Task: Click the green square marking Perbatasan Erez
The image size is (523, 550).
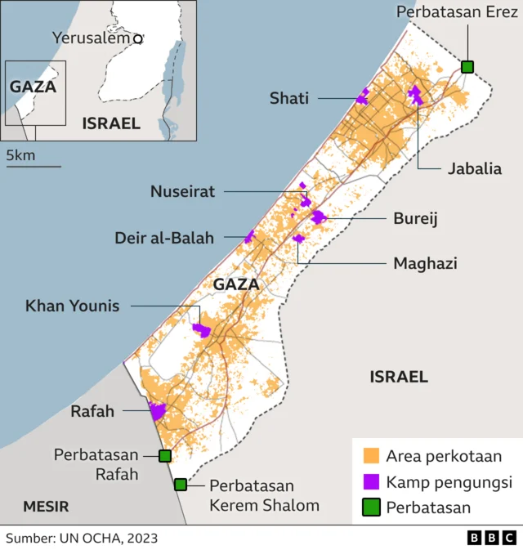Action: (x=467, y=66)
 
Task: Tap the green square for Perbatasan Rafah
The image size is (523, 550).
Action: (x=165, y=456)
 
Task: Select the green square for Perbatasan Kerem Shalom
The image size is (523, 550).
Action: (x=181, y=485)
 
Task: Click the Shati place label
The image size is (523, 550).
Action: (x=289, y=98)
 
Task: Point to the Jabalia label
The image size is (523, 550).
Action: (x=474, y=169)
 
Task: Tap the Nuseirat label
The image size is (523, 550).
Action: (x=182, y=191)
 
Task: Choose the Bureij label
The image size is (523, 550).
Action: (x=416, y=219)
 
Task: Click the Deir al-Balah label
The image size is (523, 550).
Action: (x=164, y=238)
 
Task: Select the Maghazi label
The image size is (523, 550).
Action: (x=425, y=263)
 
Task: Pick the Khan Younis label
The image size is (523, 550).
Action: (x=72, y=306)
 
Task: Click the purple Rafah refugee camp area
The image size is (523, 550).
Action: (x=157, y=411)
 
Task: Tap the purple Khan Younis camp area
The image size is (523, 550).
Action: (x=201, y=329)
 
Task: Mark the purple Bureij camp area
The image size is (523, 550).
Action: (x=318, y=217)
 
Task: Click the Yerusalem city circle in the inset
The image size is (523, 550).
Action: (x=138, y=38)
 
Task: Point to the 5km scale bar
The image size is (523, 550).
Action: (x=34, y=166)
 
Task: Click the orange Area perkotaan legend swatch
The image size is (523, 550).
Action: (x=372, y=455)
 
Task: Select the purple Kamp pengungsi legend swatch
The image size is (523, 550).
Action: (x=372, y=481)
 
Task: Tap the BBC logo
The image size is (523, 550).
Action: (x=492, y=537)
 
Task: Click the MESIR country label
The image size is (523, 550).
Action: (x=46, y=506)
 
